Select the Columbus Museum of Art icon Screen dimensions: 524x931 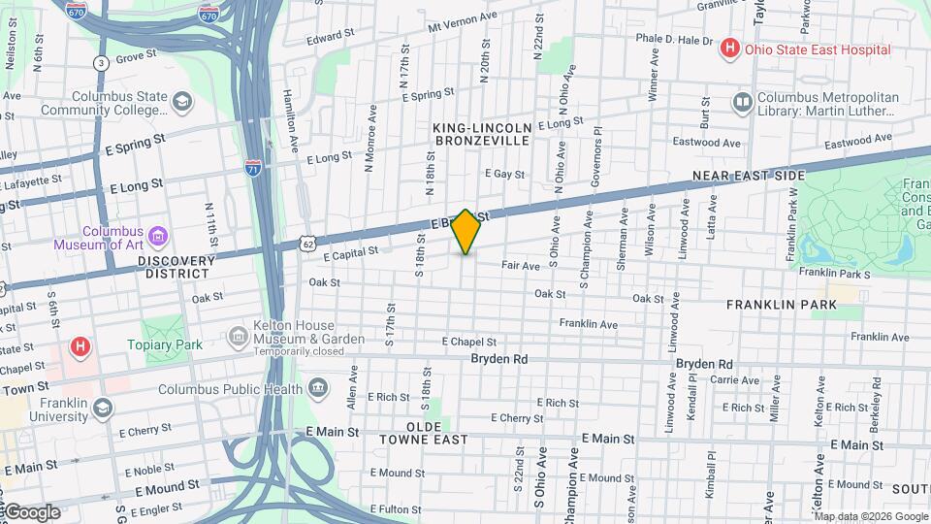click(x=158, y=236)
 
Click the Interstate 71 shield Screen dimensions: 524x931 click(x=253, y=167)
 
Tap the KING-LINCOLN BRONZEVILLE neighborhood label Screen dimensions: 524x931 click(x=483, y=134)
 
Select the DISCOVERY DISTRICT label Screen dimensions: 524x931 click(x=176, y=261)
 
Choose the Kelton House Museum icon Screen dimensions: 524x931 click(x=239, y=337)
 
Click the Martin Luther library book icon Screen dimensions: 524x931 click(x=743, y=102)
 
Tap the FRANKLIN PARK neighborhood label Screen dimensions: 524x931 click(x=794, y=304)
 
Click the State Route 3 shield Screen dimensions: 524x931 click(x=100, y=63)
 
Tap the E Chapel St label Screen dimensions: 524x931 click(x=469, y=342)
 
